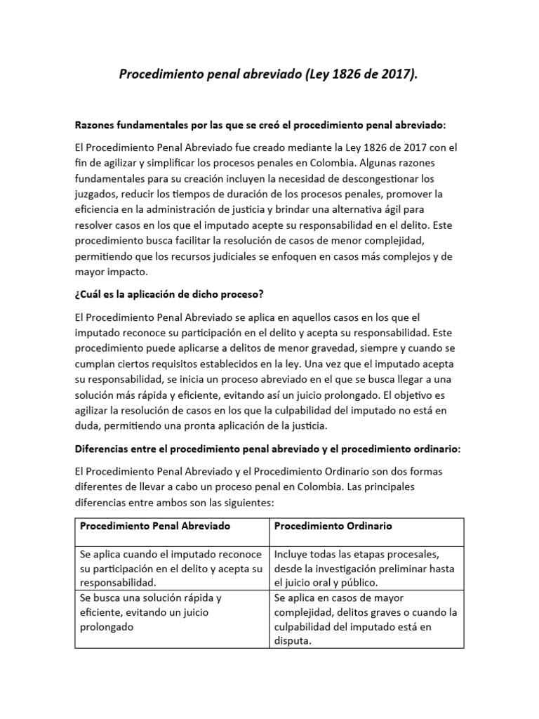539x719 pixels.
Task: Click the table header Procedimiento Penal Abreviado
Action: [x=155, y=525]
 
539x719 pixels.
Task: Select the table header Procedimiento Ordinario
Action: [x=333, y=525]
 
